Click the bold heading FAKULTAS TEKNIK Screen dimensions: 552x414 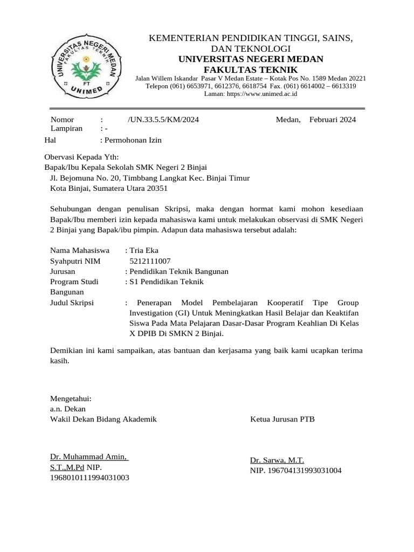(250, 70)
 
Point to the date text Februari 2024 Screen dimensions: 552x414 (333, 120)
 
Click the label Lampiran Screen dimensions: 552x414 (66, 129)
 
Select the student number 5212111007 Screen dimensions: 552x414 (150, 261)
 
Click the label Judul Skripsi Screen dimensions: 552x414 (72, 303)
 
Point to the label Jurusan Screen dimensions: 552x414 (63, 271)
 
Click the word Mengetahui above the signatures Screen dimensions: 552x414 (71, 399)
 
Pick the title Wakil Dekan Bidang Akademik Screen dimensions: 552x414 (103, 419)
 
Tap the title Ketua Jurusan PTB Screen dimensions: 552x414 (282, 419)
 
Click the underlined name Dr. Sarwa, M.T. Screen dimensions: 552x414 (277, 460)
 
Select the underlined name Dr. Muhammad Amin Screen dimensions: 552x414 (88, 457)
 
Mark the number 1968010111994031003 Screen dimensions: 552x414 (89, 478)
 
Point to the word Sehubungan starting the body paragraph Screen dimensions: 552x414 (71, 209)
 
